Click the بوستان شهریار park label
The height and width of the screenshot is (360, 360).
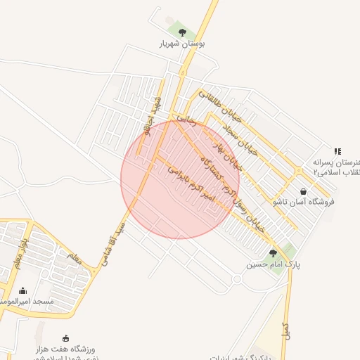coord(182,44)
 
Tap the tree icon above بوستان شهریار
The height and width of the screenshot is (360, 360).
coord(182,32)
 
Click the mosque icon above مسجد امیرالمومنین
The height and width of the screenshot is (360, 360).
coord(22,290)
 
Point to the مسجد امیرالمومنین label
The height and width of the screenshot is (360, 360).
coord(27,301)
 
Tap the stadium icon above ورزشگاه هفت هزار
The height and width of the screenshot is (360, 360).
coord(66,338)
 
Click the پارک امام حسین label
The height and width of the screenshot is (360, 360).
coord(273,265)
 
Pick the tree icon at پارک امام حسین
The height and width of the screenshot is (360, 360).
coord(273,253)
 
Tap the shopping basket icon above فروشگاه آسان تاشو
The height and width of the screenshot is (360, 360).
coord(303,191)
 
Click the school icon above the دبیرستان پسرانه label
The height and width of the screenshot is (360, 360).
coord(337,150)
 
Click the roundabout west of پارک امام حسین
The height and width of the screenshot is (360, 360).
coord(236,279)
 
